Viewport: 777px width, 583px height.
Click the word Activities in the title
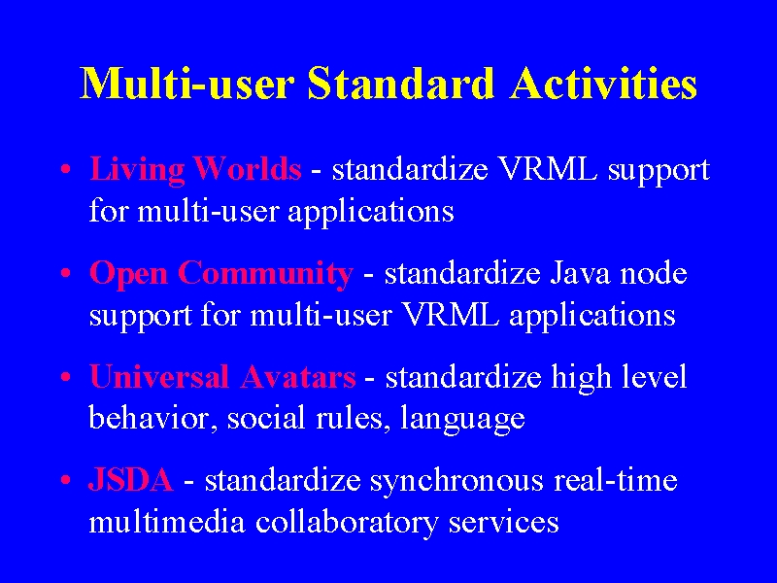click(x=603, y=84)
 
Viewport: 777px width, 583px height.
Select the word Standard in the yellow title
click(x=401, y=84)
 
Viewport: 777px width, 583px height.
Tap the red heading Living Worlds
click(x=195, y=170)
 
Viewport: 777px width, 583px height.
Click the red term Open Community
click(x=221, y=275)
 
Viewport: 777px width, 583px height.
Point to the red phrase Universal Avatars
click(x=222, y=377)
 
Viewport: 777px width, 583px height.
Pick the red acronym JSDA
click(x=131, y=480)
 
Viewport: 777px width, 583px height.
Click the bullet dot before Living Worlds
click(x=65, y=170)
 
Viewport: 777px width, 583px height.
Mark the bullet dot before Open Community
click(x=65, y=274)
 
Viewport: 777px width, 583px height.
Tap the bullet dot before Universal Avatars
click(x=65, y=378)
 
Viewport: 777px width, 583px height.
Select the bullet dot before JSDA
click(x=65, y=481)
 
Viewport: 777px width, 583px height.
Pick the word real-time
click(x=616, y=480)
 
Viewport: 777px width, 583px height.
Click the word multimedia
click(x=167, y=522)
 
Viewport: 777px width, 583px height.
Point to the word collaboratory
click(x=347, y=524)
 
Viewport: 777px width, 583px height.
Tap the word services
click(x=503, y=524)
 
